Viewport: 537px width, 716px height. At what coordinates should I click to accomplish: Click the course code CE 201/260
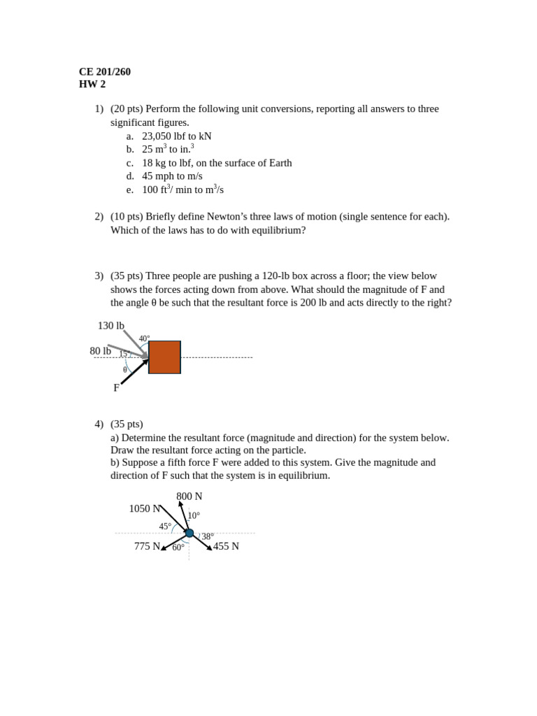[104, 71]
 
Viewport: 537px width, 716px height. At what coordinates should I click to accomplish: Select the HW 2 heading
[92, 84]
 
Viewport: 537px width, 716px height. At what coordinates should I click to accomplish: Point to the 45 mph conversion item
[172, 176]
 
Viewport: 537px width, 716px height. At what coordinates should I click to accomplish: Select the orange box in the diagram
[164, 357]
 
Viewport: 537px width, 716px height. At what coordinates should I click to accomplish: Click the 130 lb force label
[110, 325]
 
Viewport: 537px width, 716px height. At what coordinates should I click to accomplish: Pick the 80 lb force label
[100, 350]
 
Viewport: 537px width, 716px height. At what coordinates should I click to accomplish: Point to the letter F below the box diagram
[116, 387]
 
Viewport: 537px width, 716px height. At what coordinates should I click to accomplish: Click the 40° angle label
[144, 338]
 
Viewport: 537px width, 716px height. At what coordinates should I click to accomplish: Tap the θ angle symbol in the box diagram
[125, 369]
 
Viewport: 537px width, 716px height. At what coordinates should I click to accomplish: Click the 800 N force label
[189, 496]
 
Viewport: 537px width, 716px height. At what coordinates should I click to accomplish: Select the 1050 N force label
[144, 508]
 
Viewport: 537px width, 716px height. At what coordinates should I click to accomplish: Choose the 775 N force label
[147, 546]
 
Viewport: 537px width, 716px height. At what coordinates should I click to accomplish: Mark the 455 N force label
[226, 546]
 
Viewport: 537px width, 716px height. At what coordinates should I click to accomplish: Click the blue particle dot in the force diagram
[189, 533]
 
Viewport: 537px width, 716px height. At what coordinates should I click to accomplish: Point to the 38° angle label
[208, 536]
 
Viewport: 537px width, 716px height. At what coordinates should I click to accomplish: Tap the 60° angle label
[178, 547]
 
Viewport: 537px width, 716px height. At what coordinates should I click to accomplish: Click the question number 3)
[99, 275]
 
